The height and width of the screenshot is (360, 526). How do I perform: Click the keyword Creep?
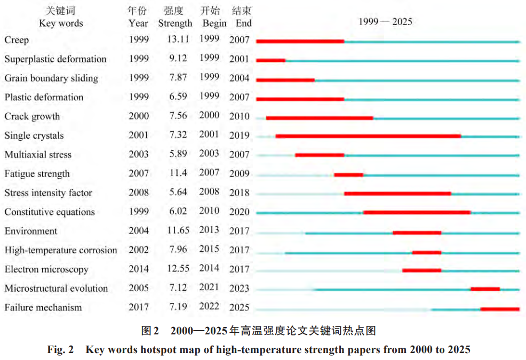[17, 40]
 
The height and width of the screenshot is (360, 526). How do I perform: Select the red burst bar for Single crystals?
[368, 137]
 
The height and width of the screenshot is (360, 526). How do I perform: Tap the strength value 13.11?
[177, 39]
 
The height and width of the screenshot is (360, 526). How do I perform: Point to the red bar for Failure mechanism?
[500, 309]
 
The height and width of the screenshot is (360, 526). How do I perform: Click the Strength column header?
[175, 23]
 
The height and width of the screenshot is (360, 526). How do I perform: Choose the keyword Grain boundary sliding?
[51, 78]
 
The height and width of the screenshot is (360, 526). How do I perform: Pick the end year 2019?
[240, 135]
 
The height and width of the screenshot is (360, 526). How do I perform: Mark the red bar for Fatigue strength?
[348, 174]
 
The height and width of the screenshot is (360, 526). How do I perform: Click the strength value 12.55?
[177, 269]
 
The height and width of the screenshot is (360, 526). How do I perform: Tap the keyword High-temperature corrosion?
[61, 250]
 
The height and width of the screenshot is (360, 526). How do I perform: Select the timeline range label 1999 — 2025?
[385, 22]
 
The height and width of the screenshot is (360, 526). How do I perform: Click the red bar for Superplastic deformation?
[270, 60]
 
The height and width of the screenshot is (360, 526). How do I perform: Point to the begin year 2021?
[209, 287]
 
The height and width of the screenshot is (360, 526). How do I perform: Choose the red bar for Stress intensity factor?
[397, 194]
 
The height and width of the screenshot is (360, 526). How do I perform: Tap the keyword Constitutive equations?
[50, 212]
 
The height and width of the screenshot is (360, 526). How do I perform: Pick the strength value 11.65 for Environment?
[177, 230]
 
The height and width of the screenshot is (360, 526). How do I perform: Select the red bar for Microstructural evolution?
[485, 289]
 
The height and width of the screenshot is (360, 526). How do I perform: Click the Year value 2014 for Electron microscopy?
[139, 269]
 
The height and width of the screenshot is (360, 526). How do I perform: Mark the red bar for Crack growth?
[319, 117]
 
